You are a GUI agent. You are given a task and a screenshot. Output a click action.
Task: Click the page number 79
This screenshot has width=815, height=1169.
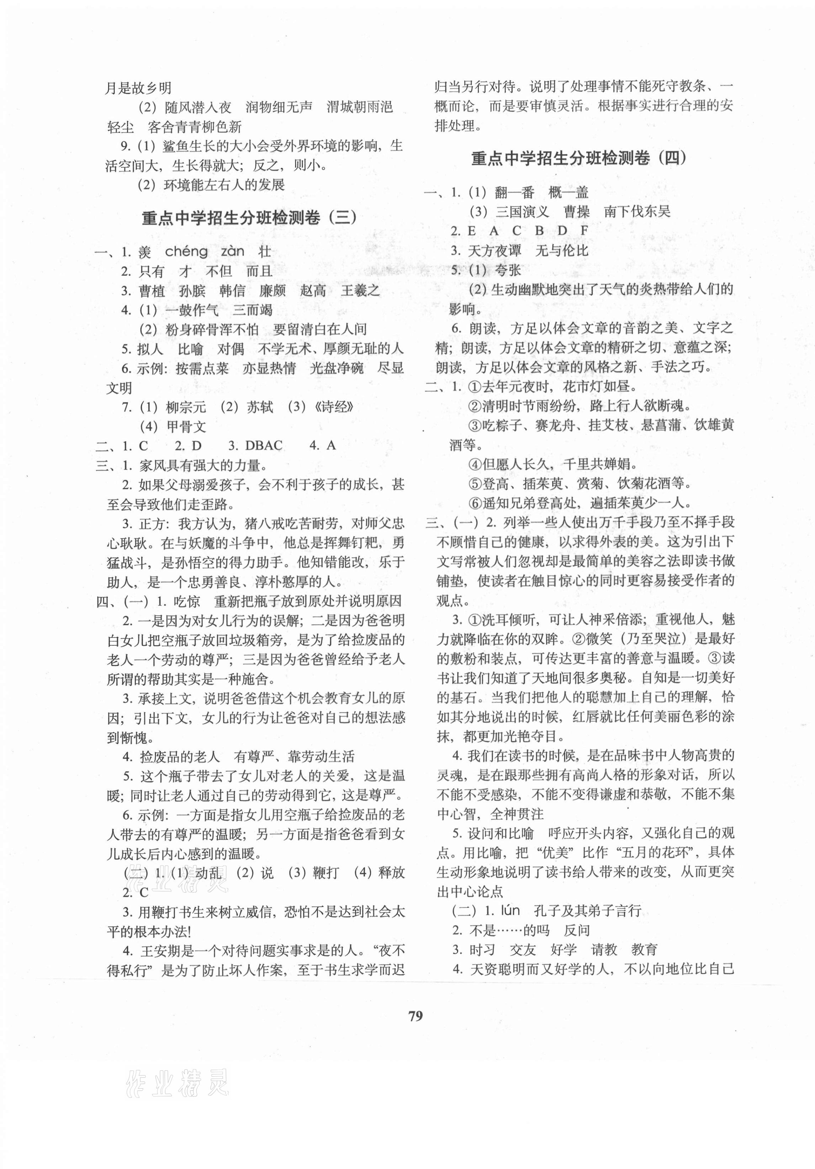[416, 1015]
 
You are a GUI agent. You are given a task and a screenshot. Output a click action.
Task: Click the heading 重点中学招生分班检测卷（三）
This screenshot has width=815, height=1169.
[249, 218]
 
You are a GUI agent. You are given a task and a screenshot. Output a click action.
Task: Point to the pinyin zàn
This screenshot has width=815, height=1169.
[233, 251]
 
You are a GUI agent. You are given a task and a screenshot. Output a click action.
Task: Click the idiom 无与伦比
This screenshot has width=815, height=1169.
[562, 250]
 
